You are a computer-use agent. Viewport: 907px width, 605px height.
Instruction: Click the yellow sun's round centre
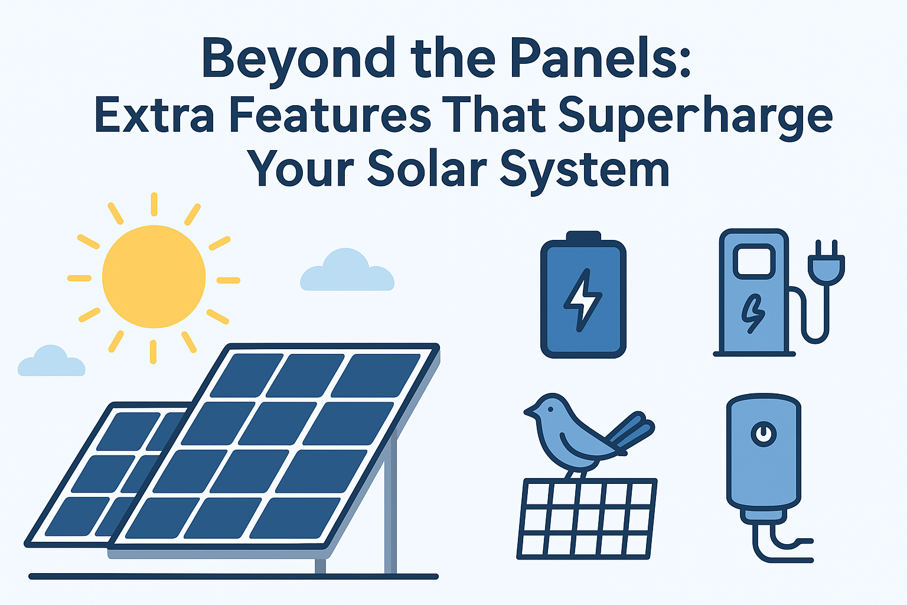(x=154, y=277)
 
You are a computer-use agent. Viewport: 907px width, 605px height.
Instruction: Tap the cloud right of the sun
(x=347, y=270)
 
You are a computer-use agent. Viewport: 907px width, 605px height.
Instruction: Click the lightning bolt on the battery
(x=583, y=300)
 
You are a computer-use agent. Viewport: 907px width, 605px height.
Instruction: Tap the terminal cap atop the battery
(x=583, y=236)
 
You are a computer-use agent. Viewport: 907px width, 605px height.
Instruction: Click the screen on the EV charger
(x=754, y=261)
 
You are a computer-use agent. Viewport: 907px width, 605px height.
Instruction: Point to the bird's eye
(x=550, y=409)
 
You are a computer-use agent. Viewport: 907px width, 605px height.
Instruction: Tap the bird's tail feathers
(x=630, y=431)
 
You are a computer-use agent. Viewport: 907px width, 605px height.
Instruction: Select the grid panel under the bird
(x=587, y=519)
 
